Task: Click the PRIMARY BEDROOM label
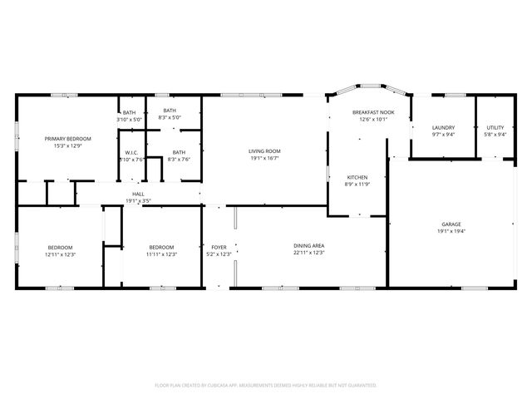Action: [x=68, y=138]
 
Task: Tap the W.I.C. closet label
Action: [x=131, y=153]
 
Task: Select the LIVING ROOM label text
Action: [x=264, y=151]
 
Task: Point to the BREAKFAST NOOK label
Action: [x=373, y=112]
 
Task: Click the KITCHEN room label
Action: [x=357, y=177]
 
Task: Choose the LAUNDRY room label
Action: [x=443, y=127]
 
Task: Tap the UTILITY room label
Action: [x=495, y=127]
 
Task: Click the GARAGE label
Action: [x=451, y=224]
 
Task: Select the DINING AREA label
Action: [x=308, y=246]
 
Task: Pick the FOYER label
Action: [x=219, y=247]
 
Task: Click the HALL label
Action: [x=138, y=194]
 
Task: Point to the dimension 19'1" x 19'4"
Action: [x=451, y=232]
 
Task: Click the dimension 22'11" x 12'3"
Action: [x=308, y=254]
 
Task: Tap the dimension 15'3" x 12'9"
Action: [x=68, y=145]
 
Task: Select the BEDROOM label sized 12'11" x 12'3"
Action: [x=60, y=247]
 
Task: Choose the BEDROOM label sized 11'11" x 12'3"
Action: [x=161, y=247]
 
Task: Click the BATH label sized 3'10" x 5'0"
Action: [x=130, y=112]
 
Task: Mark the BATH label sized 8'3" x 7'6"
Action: [x=179, y=152]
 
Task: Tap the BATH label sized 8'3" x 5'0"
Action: [x=170, y=111]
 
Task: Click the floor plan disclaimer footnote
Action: [x=266, y=386]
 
